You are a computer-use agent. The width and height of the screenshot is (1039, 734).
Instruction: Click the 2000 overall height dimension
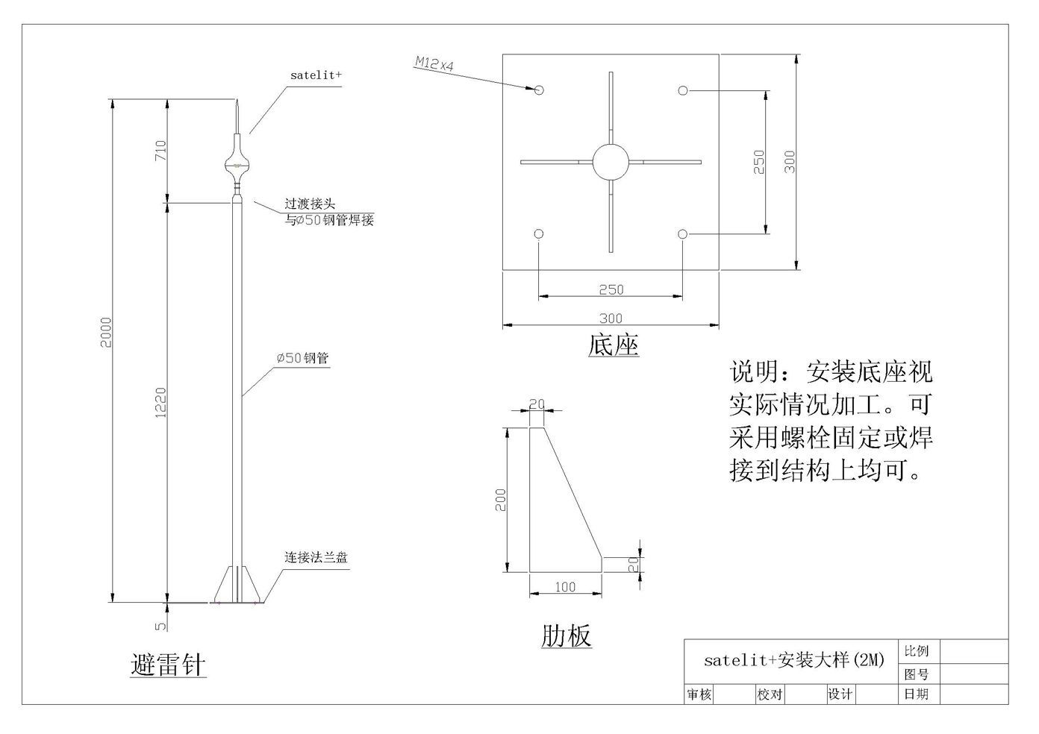(106, 333)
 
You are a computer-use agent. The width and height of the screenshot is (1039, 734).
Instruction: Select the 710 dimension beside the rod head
(160, 150)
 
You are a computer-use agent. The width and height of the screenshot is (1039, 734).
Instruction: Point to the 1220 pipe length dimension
(160, 403)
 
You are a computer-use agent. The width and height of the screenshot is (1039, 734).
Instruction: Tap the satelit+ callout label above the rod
(316, 75)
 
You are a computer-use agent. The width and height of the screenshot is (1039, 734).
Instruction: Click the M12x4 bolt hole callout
(434, 63)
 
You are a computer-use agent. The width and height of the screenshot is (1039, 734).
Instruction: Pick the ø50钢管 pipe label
(303, 358)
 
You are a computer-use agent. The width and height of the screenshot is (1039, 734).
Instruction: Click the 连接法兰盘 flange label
(316, 557)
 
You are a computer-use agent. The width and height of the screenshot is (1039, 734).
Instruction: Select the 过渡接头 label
(310, 204)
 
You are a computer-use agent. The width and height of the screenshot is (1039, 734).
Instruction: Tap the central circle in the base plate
(611, 162)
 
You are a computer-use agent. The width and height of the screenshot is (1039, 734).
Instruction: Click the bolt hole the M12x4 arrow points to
(538, 90)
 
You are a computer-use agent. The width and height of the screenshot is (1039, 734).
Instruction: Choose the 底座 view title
(614, 345)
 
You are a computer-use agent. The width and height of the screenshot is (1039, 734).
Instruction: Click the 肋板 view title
(567, 635)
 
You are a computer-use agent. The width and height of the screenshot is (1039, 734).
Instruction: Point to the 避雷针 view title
(168, 665)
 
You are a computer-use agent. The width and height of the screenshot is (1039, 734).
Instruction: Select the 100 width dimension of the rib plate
(566, 587)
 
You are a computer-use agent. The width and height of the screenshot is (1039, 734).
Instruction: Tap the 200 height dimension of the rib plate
(501, 500)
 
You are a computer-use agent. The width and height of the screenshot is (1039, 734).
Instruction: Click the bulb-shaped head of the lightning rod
(237, 164)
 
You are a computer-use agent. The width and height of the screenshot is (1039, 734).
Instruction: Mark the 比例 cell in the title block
(916, 651)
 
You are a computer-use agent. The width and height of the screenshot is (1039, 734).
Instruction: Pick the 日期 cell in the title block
(916, 694)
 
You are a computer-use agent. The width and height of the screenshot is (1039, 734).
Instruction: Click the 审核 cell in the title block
(699, 694)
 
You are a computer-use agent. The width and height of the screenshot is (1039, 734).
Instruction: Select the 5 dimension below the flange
(160, 626)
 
